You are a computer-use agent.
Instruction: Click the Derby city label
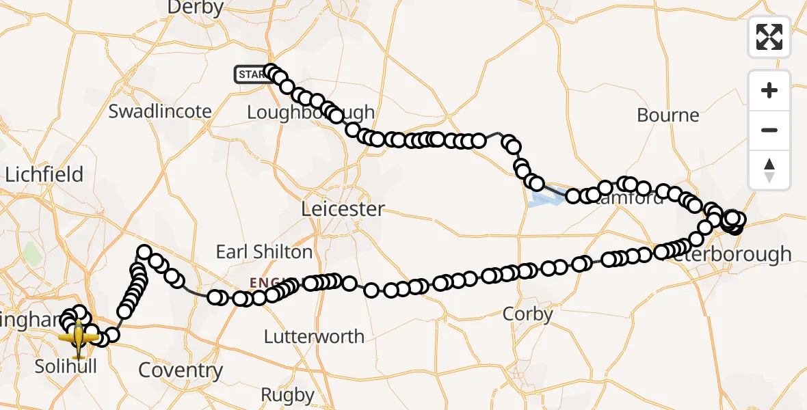pyautogui.click(x=196, y=8)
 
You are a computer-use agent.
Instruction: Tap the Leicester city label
pyautogui.click(x=344, y=208)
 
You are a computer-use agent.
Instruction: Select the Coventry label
pyautogui.click(x=181, y=370)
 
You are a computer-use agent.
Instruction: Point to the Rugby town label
pyautogui.click(x=288, y=395)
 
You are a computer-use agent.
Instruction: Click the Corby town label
pyautogui.click(x=527, y=314)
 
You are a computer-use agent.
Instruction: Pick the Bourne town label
pyautogui.click(x=668, y=115)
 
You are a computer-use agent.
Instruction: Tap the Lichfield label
pyautogui.click(x=44, y=174)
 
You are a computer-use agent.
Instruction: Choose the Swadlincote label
pyautogui.click(x=160, y=111)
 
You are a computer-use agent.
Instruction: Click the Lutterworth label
pyautogui.click(x=314, y=336)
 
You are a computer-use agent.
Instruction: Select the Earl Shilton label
pyautogui.click(x=264, y=251)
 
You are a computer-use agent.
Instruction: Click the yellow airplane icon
pyautogui.click(x=78, y=337)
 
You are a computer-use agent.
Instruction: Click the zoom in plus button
pyautogui.click(x=769, y=90)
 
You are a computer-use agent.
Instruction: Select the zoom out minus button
pyautogui.click(x=769, y=130)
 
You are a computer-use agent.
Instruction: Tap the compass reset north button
pyautogui.click(x=769, y=169)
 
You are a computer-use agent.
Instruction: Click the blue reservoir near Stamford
pyautogui.click(x=547, y=197)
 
